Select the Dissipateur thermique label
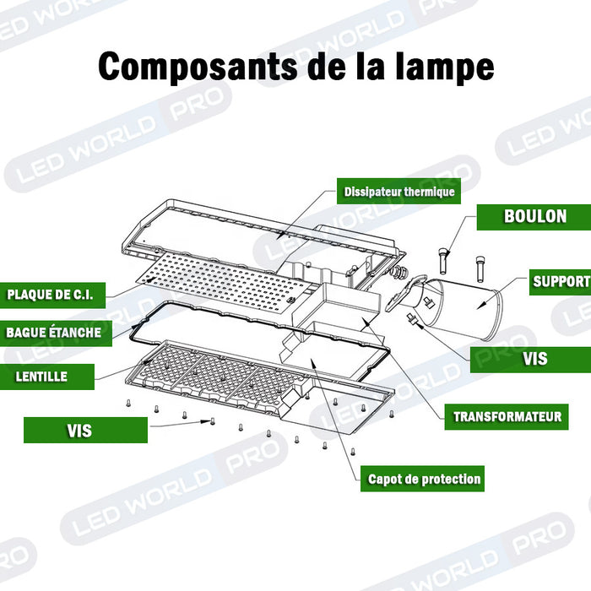pyautogui.click(x=399, y=192)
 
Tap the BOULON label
pyautogui.click(x=534, y=216)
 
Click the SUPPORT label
pyautogui.click(x=560, y=281)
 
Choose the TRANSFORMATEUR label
pyautogui.click(x=507, y=416)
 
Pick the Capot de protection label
pyautogui.click(x=424, y=479)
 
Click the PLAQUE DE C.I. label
pyautogui.click(x=55, y=295)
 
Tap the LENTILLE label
pyautogui.click(x=41, y=376)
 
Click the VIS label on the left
pyautogui.click(x=79, y=431)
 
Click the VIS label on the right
pyautogui.click(x=534, y=359)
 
